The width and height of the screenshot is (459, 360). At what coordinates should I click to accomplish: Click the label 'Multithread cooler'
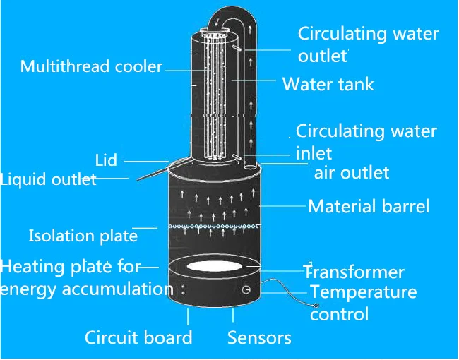(x=91, y=67)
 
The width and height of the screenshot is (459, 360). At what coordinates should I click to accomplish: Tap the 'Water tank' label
(x=328, y=85)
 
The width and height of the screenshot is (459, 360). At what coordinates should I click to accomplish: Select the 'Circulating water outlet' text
(x=368, y=44)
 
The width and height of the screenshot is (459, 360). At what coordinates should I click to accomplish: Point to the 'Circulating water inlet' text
(x=366, y=141)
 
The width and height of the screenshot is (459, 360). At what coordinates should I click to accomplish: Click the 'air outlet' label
(x=351, y=172)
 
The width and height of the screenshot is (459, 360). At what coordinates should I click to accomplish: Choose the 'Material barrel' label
(x=368, y=207)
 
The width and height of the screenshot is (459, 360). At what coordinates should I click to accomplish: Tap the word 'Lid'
(x=106, y=160)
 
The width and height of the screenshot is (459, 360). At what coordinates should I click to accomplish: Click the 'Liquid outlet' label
(x=48, y=179)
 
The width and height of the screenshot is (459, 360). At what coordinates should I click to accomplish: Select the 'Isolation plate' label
(x=83, y=236)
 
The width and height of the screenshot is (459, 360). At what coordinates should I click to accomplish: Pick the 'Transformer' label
(x=354, y=272)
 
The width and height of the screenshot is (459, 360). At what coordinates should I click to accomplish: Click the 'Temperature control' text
(x=363, y=303)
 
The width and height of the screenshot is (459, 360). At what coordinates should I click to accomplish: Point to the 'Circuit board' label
(x=138, y=337)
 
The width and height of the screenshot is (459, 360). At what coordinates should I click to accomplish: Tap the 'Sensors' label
(x=259, y=337)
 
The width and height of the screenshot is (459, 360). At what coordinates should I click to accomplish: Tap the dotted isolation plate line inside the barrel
(x=212, y=227)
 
